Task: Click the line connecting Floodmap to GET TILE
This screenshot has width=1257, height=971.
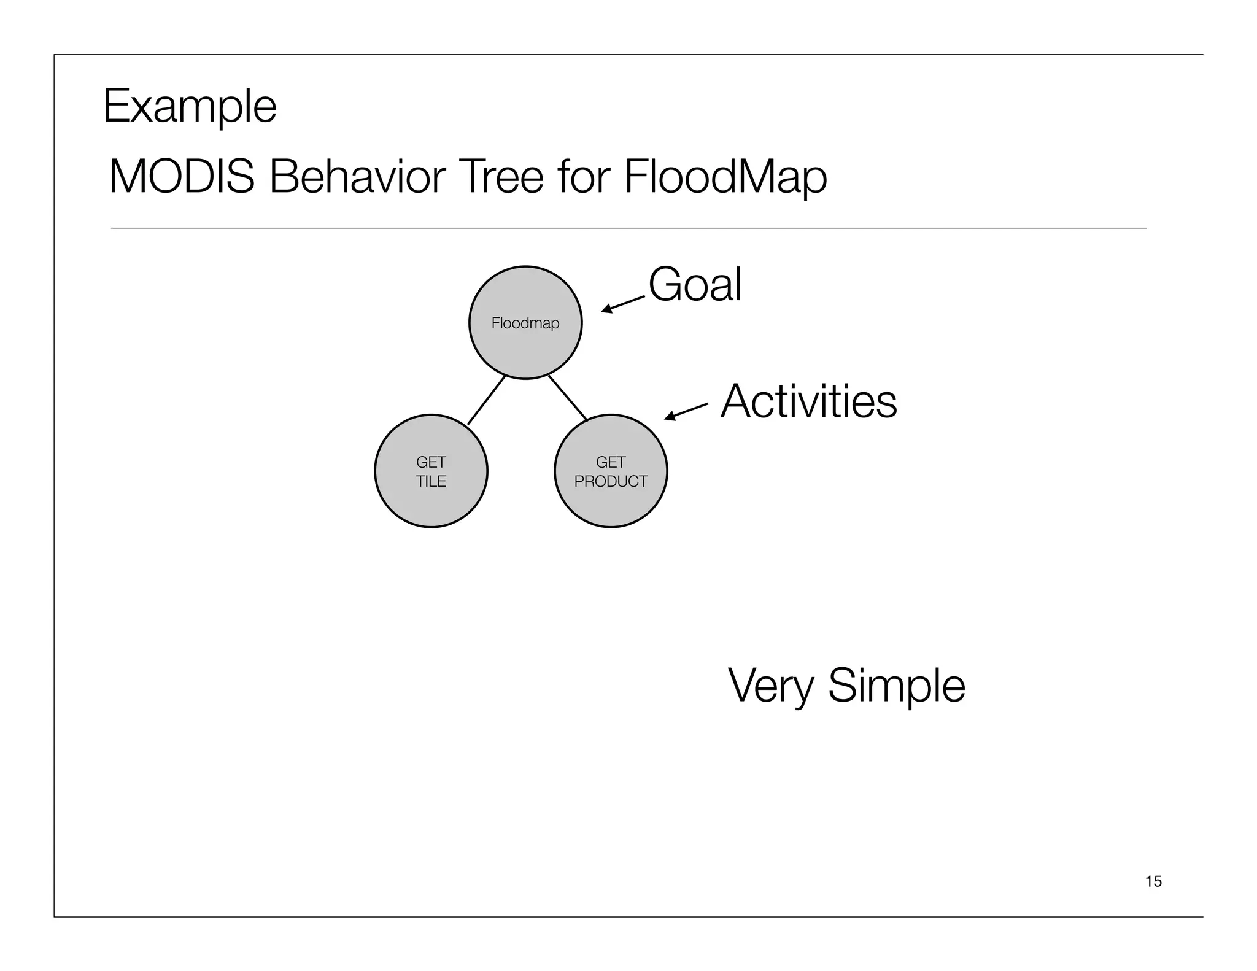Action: [486, 400]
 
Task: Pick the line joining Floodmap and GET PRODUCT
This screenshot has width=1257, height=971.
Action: [568, 398]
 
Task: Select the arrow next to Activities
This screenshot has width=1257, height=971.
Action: [686, 412]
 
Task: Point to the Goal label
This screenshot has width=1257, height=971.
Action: [695, 284]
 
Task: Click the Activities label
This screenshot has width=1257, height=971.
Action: [808, 401]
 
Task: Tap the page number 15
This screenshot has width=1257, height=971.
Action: [1153, 881]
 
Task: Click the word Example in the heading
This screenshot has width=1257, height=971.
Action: [190, 106]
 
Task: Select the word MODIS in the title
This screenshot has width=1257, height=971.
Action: [182, 177]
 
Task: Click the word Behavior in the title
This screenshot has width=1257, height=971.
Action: [355, 177]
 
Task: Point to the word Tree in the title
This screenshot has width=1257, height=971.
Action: [500, 177]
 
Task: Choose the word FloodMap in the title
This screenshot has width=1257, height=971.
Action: [725, 177]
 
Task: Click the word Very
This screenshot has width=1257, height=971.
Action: [770, 686]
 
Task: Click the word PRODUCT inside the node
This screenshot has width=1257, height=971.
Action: [611, 482]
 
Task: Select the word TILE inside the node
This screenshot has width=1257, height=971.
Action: [431, 482]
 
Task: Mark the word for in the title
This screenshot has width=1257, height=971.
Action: [583, 177]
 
